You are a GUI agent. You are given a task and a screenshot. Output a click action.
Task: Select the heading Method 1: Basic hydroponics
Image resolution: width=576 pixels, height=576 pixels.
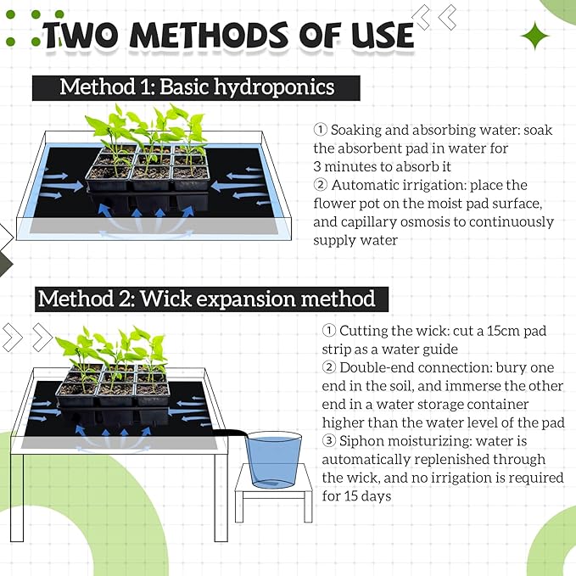point(197,87)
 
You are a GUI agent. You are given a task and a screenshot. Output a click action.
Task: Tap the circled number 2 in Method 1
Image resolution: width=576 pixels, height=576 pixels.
point(320,184)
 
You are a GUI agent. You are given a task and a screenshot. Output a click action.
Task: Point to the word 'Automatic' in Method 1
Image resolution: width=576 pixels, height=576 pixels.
point(367,184)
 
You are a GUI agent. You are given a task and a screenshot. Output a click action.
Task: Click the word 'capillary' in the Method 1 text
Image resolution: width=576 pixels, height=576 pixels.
point(372,221)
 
